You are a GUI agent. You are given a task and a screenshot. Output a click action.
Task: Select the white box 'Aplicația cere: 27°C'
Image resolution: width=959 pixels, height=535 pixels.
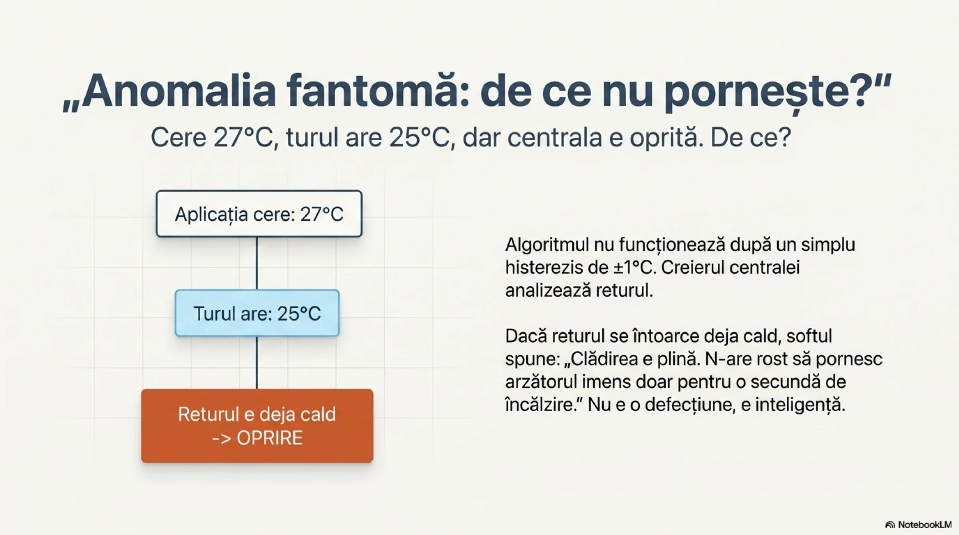click(259, 214)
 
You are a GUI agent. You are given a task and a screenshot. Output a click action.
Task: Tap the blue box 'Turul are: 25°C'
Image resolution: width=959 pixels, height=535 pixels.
click(257, 313)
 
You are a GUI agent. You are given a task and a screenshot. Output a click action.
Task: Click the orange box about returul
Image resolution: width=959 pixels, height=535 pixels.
click(257, 426)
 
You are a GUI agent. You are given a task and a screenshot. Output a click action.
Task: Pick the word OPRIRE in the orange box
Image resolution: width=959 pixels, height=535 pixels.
click(270, 438)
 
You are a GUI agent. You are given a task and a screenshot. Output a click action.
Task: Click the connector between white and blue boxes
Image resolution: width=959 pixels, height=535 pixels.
click(257, 264)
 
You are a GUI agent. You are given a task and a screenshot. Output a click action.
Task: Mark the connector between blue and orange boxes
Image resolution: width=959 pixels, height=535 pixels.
click(257, 363)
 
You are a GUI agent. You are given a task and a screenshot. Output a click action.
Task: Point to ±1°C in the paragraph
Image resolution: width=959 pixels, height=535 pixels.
click(635, 267)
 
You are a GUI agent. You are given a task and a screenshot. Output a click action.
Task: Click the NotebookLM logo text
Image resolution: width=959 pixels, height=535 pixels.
click(919, 524)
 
